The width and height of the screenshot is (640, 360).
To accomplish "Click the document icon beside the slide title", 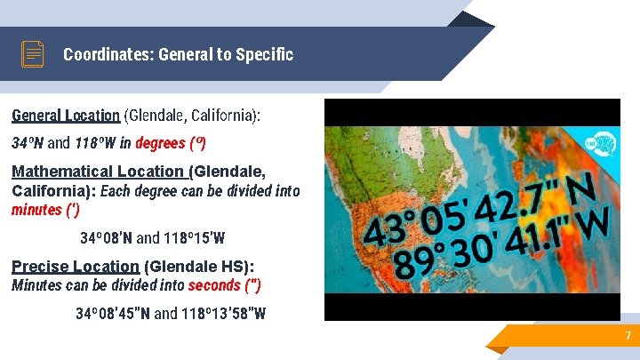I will [x=33, y=54].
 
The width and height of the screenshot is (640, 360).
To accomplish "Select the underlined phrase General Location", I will [x=66, y=116].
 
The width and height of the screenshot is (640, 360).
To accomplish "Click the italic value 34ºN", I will [x=27, y=143].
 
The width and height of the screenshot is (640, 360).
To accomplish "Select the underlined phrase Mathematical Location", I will [x=99, y=172].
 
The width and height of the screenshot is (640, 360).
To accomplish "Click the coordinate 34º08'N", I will [x=106, y=238].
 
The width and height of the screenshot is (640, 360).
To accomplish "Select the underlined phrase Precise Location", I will [x=76, y=267].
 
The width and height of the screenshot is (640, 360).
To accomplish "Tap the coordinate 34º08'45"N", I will [x=113, y=314].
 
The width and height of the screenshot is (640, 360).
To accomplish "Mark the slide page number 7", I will [x=628, y=336].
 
